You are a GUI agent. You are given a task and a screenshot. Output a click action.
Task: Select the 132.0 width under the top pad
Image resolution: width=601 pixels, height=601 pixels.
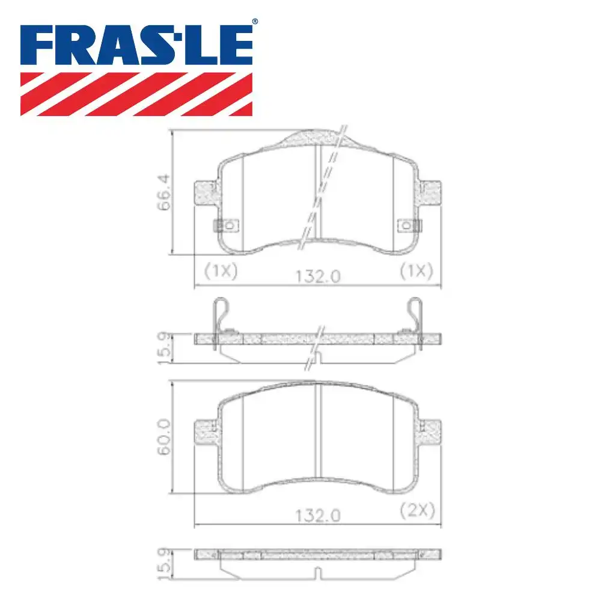pyautogui.click(x=318, y=276)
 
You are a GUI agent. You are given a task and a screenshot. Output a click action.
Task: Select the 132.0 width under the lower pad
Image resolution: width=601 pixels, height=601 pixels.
pyautogui.click(x=318, y=515)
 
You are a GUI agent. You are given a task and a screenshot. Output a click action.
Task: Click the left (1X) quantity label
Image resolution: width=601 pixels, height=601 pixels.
pyautogui.click(x=221, y=271)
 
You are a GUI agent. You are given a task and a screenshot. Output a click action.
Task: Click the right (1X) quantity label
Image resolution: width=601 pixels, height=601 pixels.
pyautogui.click(x=416, y=271)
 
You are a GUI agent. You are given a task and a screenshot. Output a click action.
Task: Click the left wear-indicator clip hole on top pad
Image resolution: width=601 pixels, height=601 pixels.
pyautogui.click(x=228, y=225)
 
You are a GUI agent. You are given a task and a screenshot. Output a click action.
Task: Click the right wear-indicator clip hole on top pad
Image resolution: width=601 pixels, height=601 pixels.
pyautogui.click(x=409, y=225)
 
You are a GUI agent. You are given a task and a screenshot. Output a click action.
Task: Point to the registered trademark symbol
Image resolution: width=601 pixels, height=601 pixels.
pyautogui.click(x=255, y=22)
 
